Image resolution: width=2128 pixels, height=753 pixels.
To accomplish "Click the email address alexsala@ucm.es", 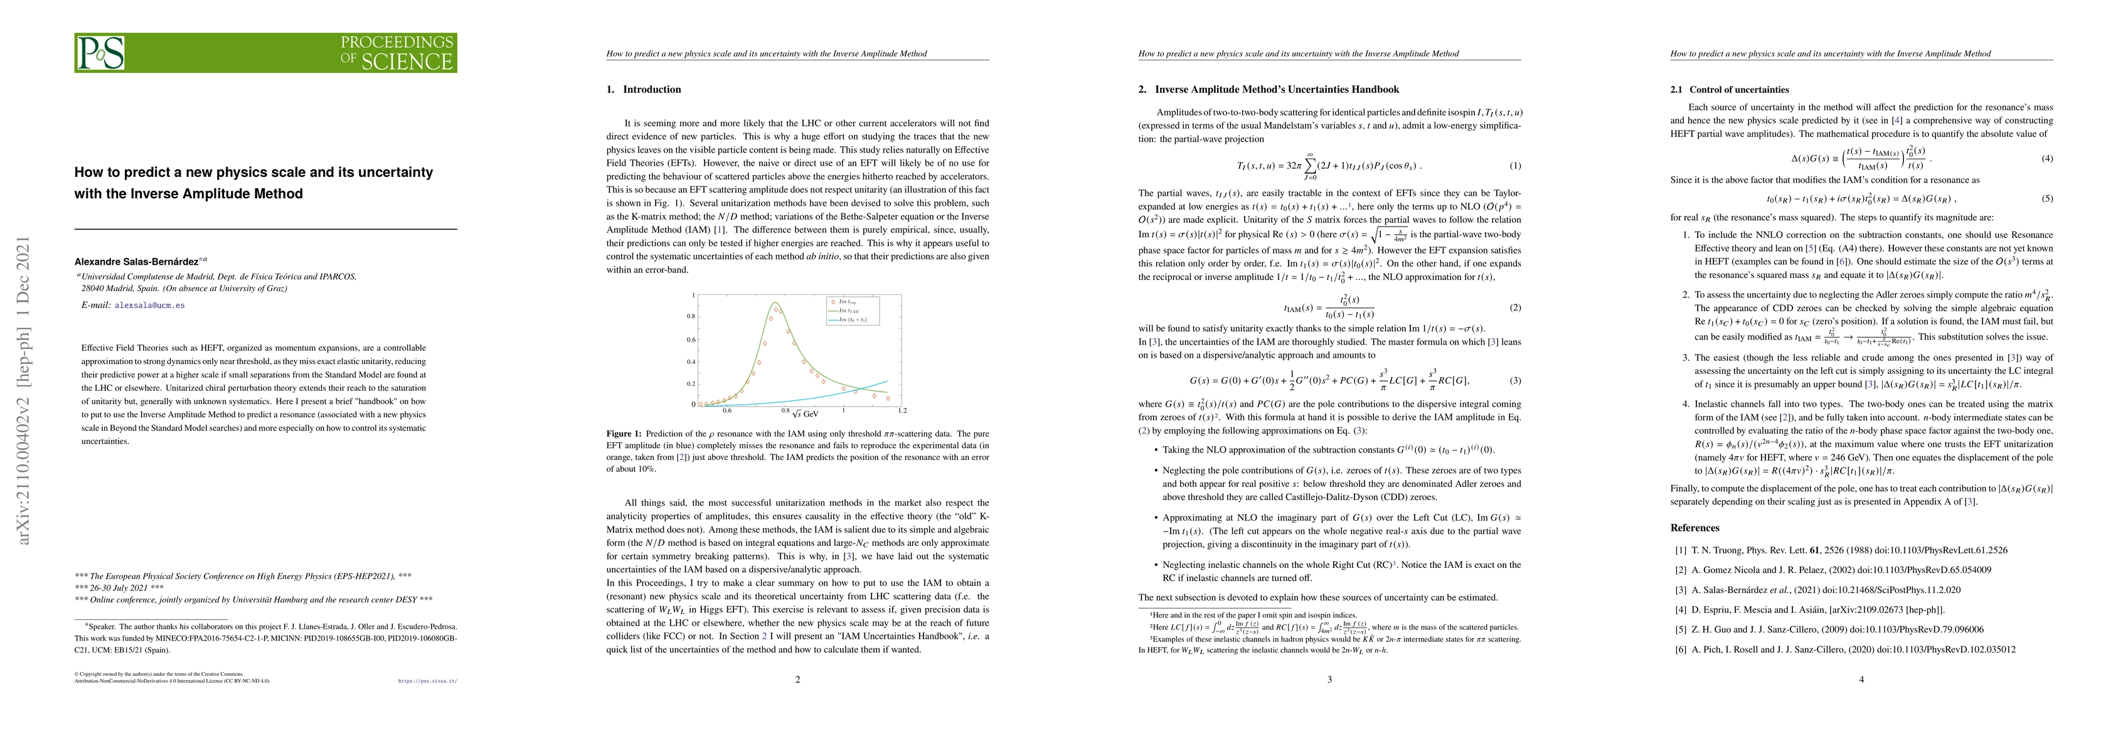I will [x=149, y=305].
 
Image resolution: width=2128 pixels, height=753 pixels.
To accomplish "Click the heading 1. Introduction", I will [x=644, y=89].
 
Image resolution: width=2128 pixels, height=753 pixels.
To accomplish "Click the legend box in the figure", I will [x=853, y=311].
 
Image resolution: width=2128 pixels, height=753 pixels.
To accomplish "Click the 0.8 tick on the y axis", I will [x=690, y=317].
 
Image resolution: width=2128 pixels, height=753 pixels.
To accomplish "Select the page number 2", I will [x=797, y=680].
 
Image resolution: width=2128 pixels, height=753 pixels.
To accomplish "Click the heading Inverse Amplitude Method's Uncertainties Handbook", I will [x=1276, y=89].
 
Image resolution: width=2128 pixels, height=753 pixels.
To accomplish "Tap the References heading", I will [x=1694, y=527].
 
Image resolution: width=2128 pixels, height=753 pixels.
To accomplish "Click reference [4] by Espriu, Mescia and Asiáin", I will [x=1805, y=610].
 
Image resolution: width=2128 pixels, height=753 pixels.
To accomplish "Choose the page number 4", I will [x=1861, y=680].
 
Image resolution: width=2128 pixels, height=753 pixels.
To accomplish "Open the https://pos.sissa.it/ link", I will [x=427, y=682].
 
